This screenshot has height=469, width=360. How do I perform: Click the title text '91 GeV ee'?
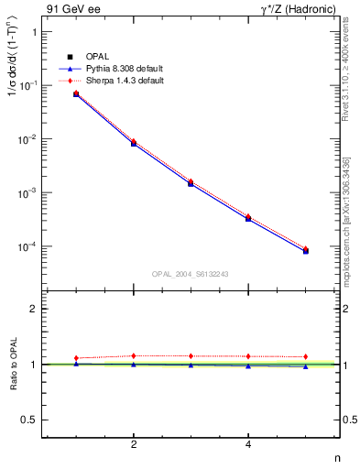click(66, 9)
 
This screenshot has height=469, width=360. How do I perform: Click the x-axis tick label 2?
click(134, 444)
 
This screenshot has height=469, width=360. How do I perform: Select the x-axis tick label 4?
click(248, 444)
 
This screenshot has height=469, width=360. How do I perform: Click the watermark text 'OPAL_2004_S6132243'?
click(191, 273)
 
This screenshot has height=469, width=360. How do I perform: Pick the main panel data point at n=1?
click(76, 94)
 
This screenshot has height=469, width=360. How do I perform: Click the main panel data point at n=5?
click(305, 250)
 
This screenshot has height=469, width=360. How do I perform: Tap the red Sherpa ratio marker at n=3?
click(191, 355)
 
